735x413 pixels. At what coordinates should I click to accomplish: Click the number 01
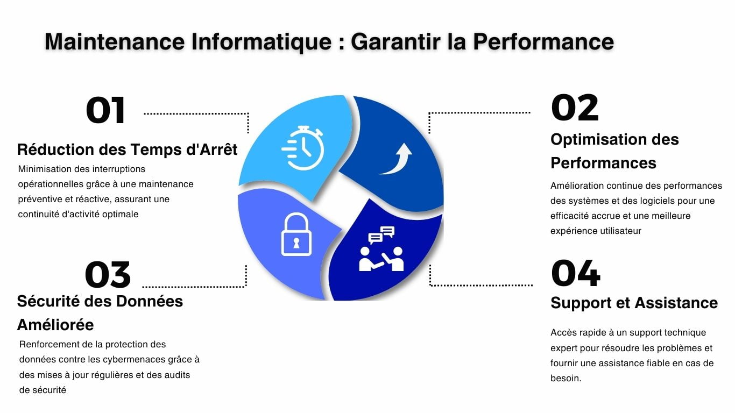click(105, 110)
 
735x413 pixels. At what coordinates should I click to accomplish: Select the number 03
click(108, 275)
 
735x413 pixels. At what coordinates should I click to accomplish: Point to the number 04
click(576, 273)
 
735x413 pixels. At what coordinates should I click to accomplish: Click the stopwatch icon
click(303, 148)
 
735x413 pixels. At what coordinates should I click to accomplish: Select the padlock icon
click(296, 234)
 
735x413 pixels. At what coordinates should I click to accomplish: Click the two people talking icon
click(381, 249)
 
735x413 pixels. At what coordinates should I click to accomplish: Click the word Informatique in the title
click(262, 42)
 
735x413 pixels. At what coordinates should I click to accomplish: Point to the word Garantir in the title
click(395, 41)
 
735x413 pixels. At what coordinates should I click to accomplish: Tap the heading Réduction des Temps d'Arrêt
click(127, 149)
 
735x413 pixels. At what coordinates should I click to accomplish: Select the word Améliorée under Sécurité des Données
click(55, 325)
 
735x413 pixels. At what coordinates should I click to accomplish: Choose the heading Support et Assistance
click(634, 303)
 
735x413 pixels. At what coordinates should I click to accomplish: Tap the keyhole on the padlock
click(296, 243)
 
